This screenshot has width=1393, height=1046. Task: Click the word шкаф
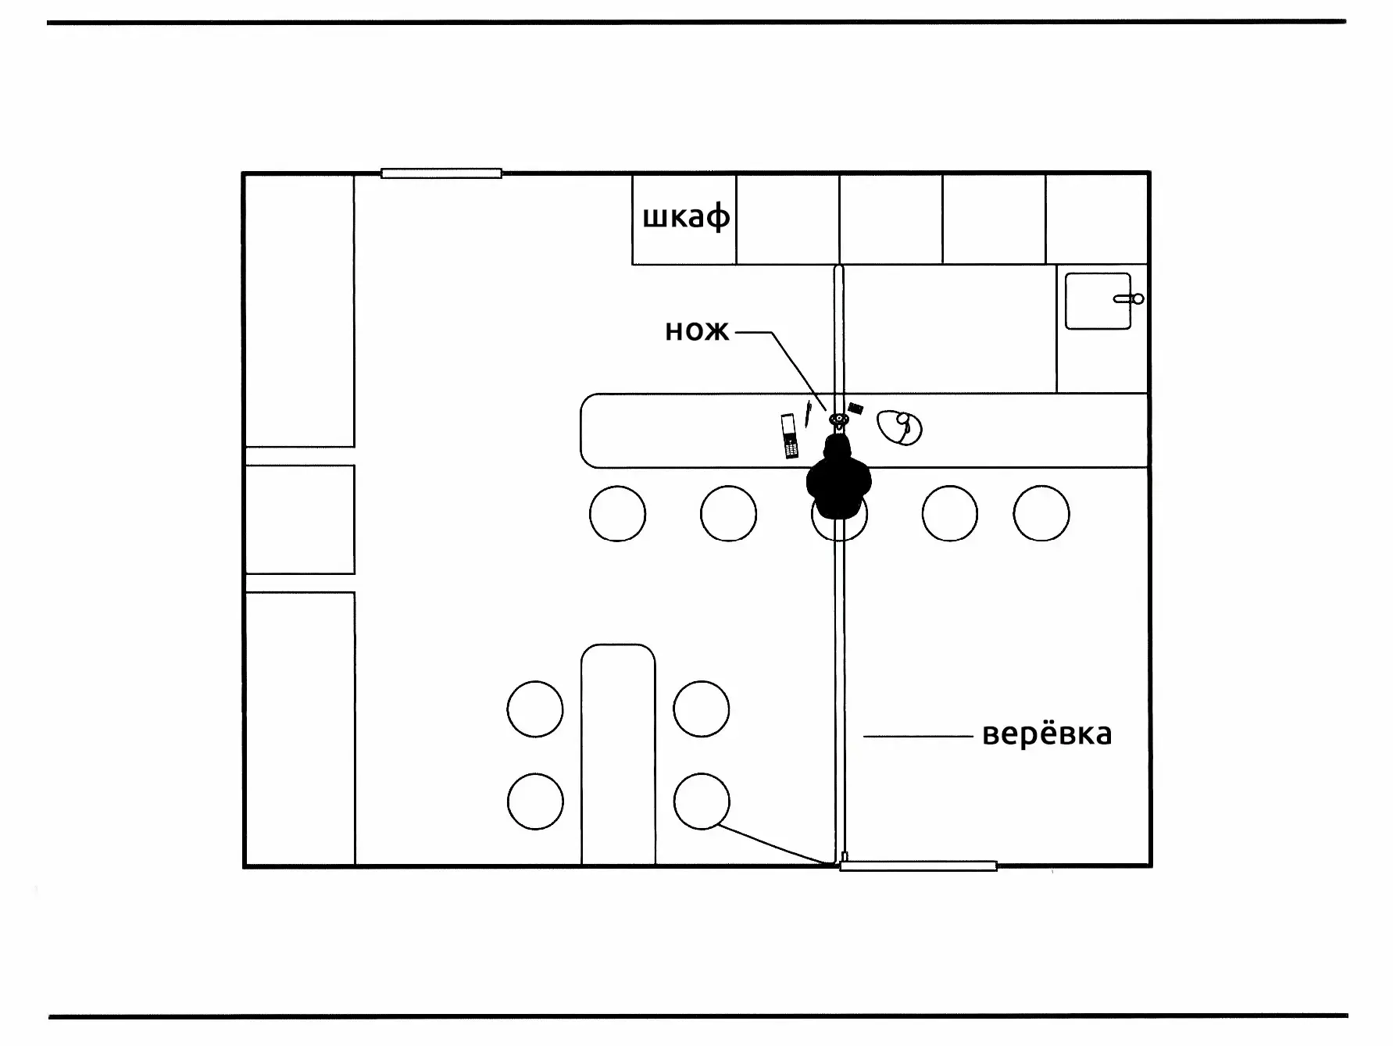(686, 217)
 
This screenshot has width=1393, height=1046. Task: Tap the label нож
(697, 332)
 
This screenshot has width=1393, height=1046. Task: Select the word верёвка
(1047, 734)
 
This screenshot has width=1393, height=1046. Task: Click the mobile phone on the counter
(789, 436)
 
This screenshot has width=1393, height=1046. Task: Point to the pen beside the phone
(808, 414)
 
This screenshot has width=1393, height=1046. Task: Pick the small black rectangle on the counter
(855, 408)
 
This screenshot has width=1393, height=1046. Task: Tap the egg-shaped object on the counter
(899, 427)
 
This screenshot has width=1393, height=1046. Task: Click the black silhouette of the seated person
(838, 477)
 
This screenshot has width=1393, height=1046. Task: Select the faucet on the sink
(1129, 299)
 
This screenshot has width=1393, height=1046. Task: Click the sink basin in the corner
(1098, 301)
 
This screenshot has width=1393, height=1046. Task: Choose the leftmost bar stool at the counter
(617, 513)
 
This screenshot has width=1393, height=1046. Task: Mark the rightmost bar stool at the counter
(1041, 513)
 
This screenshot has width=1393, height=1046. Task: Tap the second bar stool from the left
(728, 513)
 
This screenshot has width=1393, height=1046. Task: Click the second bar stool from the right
(950, 513)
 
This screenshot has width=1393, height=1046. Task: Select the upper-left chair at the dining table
(535, 709)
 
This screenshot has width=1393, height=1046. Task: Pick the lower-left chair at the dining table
(535, 801)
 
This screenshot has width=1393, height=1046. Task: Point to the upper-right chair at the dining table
(702, 709)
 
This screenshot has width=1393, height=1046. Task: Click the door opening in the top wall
(441, 173)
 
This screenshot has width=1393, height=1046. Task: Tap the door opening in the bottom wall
(918, 866)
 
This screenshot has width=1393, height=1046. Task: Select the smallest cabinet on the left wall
(300, 519)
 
